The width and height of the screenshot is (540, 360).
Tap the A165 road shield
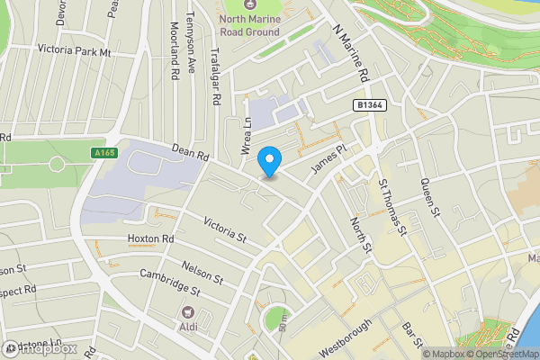click(x=105, y=154)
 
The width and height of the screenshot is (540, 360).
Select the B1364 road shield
click(x=365, y=105)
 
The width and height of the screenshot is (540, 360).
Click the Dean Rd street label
click(x=190, y=154)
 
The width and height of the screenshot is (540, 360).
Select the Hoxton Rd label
click(x=149, y=238)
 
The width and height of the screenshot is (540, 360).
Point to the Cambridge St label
click(x=170, y=288)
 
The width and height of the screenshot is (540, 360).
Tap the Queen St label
click(x=433, y=199)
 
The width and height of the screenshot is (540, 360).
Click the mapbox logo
click(x=40, y=348)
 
